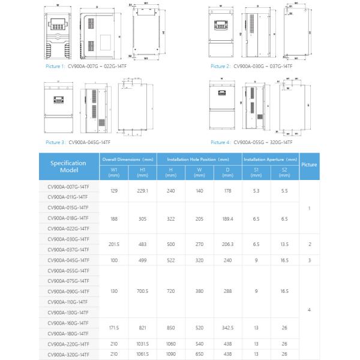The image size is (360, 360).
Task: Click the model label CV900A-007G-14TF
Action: click(x=68, y=187)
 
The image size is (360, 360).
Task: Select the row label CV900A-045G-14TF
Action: click(x=68, y=260)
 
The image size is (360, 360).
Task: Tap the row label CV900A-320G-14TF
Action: click(x=68, y=355)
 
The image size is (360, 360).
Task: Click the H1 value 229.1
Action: click(x=143, y=191)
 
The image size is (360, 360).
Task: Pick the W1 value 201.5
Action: click(x=113, y=244)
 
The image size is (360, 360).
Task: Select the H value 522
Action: click(x=170, y=260)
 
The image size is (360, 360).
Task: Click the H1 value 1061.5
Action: click(x=143, y=355)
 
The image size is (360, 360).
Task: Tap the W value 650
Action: click(x=199, y=355)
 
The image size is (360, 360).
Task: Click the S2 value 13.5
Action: click(x=284, y=244)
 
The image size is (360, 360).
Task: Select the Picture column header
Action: click(x=309, y=164)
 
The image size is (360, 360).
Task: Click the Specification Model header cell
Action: click(x=68, y=166)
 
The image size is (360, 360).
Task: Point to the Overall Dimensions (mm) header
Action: click(x=128, y=160)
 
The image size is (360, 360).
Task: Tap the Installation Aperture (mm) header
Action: click(x=270, y=160)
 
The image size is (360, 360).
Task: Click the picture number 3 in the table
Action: click(x=309, y=260)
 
